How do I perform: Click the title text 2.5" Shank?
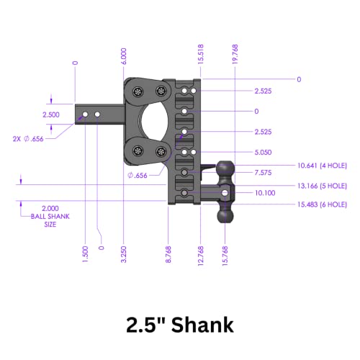point(179,325)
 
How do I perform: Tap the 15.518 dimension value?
point(199,56)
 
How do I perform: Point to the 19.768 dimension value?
point(235,56)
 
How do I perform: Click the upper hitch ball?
point(225,168)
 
